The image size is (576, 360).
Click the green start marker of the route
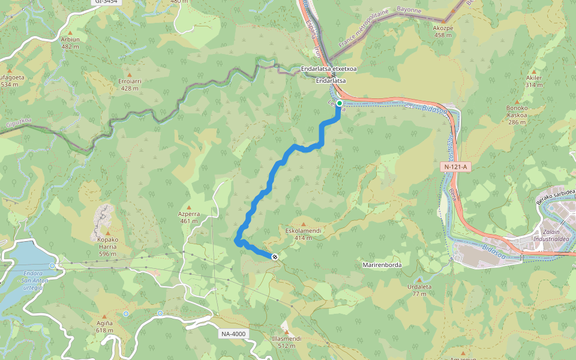point(340,103)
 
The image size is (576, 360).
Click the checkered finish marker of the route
point(275,257)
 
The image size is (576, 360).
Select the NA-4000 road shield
point(233,334)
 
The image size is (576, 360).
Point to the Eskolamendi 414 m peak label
point(303,234)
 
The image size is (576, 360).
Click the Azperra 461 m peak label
point(188,217)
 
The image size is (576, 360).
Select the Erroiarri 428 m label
point(129,84)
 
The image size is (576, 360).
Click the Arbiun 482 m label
point(70,43)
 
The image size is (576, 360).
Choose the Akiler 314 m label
point(533,81)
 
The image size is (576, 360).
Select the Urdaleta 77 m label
point(419,290)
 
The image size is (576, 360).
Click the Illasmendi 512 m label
point(286,342)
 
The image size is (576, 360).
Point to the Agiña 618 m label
point(104,326)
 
